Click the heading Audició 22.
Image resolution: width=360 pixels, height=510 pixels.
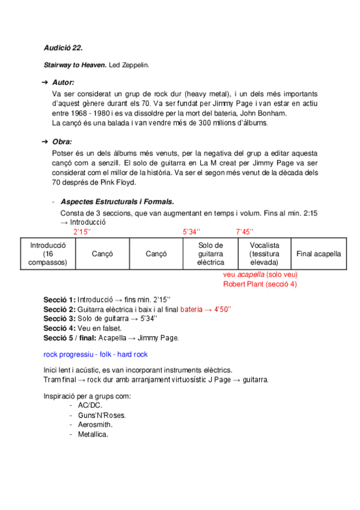tap(63, 47)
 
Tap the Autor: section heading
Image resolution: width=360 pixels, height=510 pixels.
tap(63, 82)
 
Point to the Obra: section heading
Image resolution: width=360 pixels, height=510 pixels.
tap(63, 142)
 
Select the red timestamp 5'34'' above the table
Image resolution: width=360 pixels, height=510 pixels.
tap(192, 232)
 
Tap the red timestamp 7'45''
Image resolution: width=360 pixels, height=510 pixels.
tap(245, 232)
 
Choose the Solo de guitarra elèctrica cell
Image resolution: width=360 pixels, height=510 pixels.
tap(210, 254)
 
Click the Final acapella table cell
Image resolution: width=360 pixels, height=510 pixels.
tap(319, 254)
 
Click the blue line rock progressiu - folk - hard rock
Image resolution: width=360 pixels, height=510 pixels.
tap(96, 354)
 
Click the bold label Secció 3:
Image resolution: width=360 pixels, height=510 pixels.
tap(59, 318)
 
